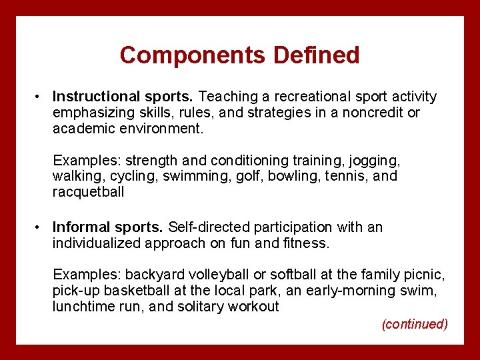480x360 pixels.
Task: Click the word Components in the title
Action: click(193, 55)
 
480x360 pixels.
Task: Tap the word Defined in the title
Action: click(316, 55)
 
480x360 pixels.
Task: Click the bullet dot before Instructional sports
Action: click(39, 97)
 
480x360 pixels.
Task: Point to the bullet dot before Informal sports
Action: click(39, 227)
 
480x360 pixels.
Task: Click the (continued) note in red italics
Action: click(414, 325)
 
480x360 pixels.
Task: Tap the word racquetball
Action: click(88, 193)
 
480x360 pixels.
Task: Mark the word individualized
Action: click(96, 243)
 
